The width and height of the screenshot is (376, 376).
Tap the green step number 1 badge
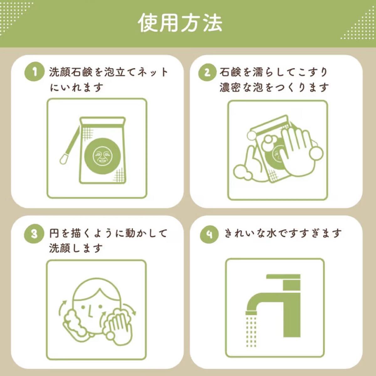(x=34, y=72)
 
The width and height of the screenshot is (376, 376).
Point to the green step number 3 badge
(x=34, y=234)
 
